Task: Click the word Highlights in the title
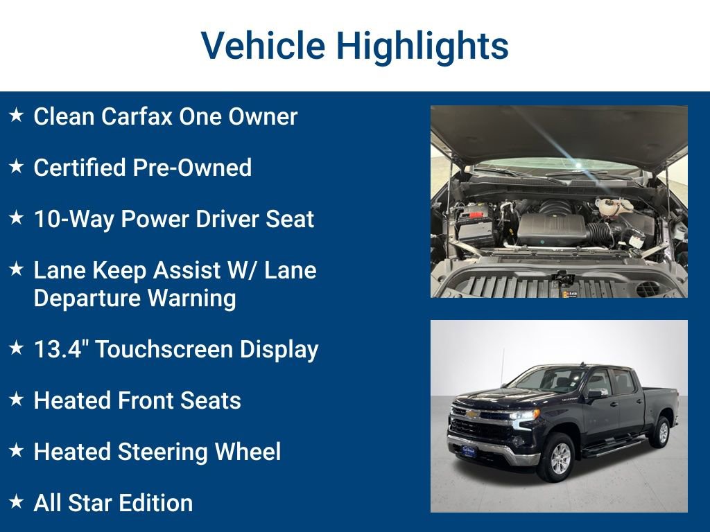[422, 46]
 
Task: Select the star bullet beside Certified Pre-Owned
[17, 167]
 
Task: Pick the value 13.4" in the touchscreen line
[60, 349]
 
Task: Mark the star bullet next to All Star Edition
[17, 502]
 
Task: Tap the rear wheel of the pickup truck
[660, 432]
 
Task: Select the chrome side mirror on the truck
[596, 393]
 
